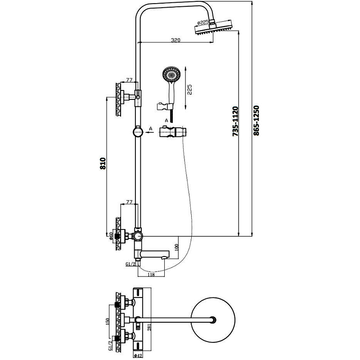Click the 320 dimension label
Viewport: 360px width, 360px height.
point(175,40)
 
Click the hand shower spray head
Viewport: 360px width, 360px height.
point(171,73)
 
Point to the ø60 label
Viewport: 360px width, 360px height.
point(111,235)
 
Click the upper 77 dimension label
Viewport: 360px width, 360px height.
point(130,80)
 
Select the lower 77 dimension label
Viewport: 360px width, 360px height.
point(130,202)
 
